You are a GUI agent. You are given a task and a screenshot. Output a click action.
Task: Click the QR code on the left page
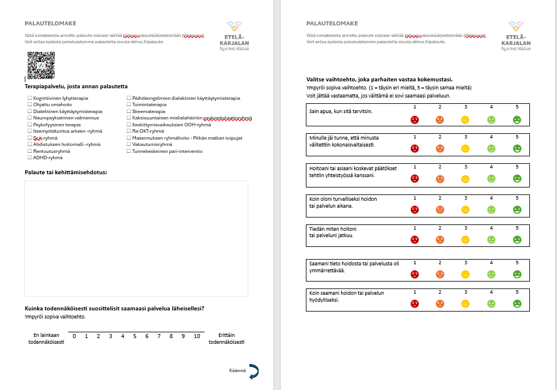coord(41,65)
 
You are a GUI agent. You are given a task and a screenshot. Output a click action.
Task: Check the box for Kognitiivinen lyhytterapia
coord(29,99)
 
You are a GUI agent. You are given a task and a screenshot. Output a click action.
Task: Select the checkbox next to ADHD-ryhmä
coord(29,157)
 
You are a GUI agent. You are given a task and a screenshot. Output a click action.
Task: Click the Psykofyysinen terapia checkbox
coord(29,125)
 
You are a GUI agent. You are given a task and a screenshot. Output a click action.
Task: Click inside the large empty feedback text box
coord(136,238)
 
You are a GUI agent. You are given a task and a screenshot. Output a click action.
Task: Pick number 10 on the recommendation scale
coord(196,336)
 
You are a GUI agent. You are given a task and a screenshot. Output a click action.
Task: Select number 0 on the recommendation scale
coord(74,336)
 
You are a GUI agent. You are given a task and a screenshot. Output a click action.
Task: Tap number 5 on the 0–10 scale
coord(135,336)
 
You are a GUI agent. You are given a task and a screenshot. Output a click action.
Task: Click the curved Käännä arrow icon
coord(253,373)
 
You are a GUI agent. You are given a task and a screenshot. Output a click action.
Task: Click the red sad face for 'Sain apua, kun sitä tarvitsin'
coord(414,120)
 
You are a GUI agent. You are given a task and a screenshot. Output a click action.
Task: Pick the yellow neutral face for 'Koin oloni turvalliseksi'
coord(465,209)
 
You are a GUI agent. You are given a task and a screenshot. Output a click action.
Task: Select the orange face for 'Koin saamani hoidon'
coord(439,303)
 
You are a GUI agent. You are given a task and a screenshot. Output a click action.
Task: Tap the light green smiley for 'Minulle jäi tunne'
coord(491,148)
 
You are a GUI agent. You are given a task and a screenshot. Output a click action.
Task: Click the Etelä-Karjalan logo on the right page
coord(516,36)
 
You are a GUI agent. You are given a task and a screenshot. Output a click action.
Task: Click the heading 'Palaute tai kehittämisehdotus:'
coord(66,172)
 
